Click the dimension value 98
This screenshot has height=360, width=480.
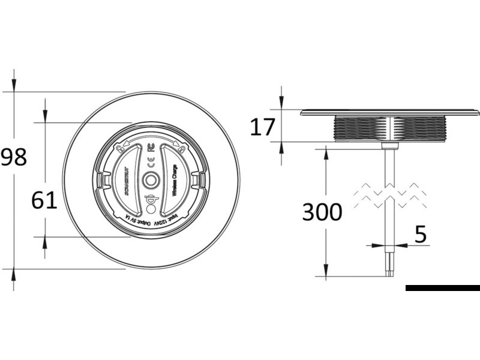point(14,158)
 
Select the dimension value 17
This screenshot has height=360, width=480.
point(262,127)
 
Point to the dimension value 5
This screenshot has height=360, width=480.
point(421,235)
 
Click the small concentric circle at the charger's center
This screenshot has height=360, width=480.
point(151,180)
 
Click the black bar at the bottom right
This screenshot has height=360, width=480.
point(442,288)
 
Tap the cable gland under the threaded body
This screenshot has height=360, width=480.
point(390,145)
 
